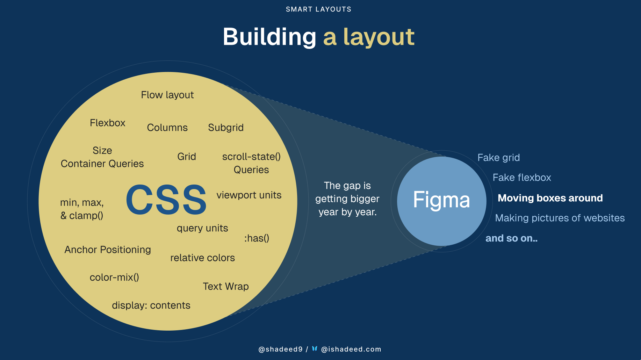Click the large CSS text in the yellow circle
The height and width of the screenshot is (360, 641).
[x=166, y=200]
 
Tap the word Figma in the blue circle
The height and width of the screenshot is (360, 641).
[x=441, y=200]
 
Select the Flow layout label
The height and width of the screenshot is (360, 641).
[x=167, y=95]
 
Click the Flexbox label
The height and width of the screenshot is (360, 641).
[x=107, y=123]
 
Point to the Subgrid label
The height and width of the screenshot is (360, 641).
[x=225, y=128]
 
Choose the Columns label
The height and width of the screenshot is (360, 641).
[x=167, y=128]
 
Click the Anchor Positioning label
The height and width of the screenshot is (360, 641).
[x=108, y=250]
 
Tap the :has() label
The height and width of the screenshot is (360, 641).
[x=257, y=238]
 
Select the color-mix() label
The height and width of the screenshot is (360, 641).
[x=114, y=277]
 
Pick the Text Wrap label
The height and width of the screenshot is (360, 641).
[x=226, y=286]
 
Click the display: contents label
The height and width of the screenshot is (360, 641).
[x=151, y=305]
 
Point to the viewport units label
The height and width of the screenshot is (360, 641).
[x=249, y=195]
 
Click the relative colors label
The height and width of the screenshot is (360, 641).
[x=202, y=258]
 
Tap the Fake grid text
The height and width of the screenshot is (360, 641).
[x=498, y=158]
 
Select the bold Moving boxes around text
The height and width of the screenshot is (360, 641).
[x=550, y=198]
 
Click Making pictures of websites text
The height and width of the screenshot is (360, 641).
[x=560, y=218]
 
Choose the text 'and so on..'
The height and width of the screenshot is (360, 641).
[x=511, y=238]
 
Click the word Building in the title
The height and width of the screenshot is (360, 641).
[x=269, y=37]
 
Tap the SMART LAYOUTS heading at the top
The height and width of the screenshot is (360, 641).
[x=318, y=9]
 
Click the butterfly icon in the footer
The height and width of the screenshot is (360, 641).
[x=315, y=348]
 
